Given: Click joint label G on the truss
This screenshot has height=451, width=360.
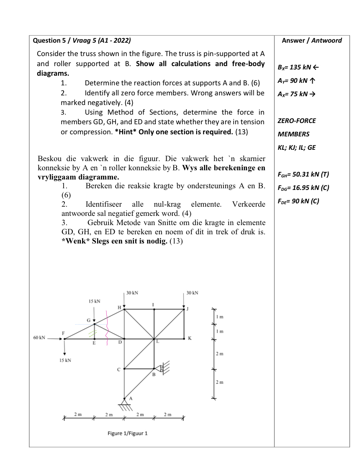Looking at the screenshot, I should (x=89, y=320).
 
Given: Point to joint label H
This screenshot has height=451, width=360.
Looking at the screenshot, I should (x=119, y=307).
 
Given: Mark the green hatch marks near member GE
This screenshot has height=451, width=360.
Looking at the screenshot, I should (x=93, y=332).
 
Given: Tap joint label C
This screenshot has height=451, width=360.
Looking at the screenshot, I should (x=118, y=369).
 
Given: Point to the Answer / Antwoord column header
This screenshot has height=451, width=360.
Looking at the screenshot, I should (x=312, y=41).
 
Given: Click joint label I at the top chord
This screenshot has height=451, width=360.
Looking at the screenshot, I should (x=154, y=304).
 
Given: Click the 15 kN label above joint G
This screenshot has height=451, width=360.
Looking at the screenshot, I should (x=94, y=301).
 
